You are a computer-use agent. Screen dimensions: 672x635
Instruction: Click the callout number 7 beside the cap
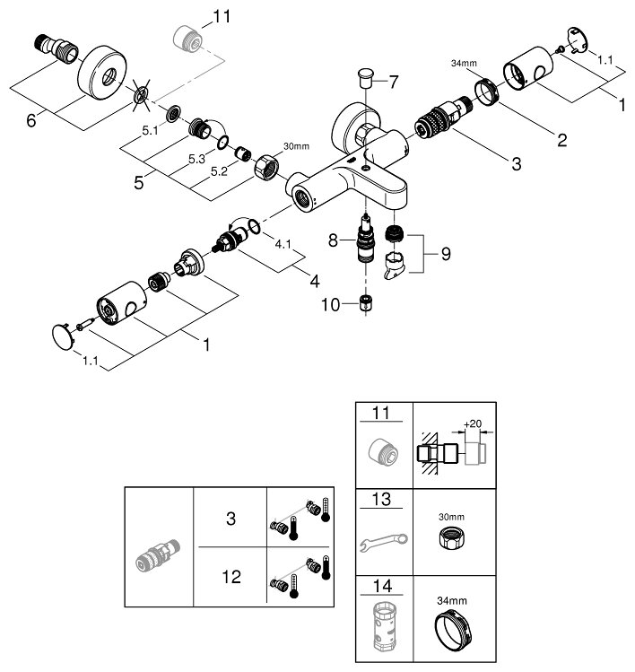click(x=392, y=82)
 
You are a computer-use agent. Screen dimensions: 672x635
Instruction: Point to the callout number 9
click(x=445, y=254)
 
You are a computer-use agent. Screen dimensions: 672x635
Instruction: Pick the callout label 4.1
click(x=282, y=243)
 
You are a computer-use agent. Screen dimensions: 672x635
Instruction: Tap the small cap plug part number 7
click(x=364, y=73)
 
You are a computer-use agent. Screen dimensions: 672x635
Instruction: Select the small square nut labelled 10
click(x=365, y=303)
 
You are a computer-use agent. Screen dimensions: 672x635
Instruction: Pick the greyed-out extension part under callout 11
click(x=186, y=39)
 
